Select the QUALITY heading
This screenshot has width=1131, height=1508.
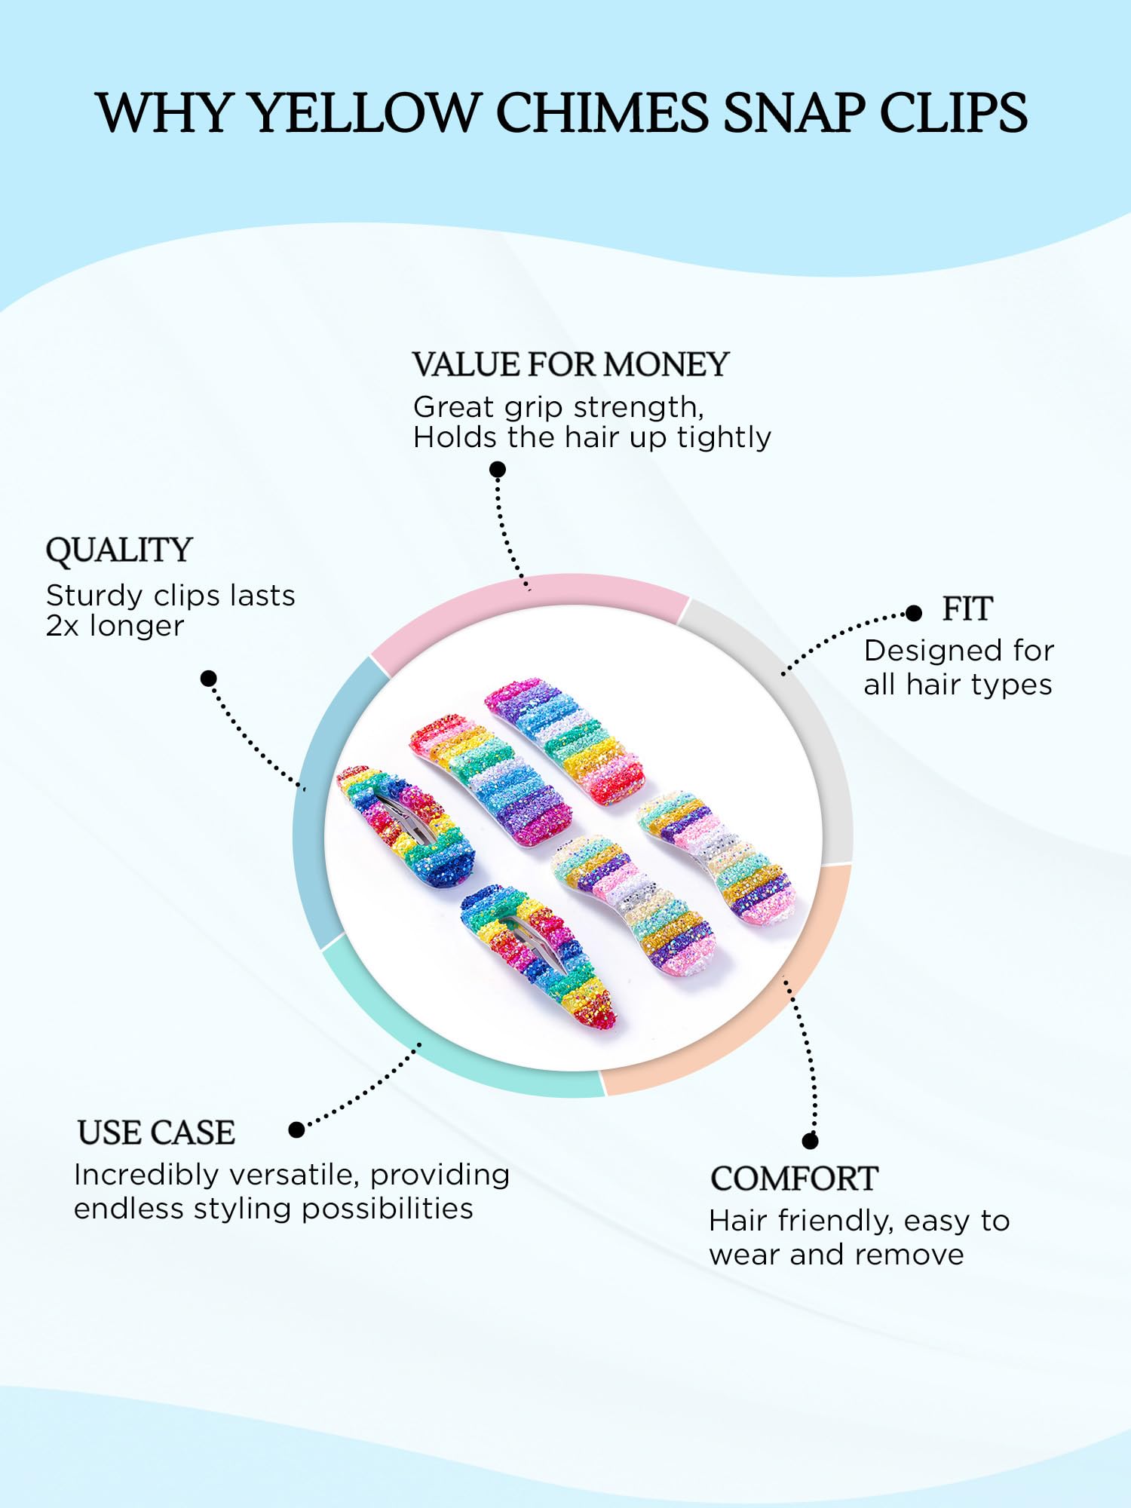point(119,550)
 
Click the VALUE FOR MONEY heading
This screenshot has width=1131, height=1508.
point(571,365)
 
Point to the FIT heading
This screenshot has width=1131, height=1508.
point(967,608)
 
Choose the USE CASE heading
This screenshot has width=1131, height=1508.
point(156,1133)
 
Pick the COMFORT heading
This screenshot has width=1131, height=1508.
point(794,1179)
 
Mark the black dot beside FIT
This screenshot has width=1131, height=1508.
point(914,613)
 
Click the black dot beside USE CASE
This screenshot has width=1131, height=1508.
point(297,1129)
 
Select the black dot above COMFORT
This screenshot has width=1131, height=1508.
point(811,1141)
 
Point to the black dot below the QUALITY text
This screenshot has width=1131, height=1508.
point(209,678)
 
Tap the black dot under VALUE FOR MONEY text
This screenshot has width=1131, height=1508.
point(498,470)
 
